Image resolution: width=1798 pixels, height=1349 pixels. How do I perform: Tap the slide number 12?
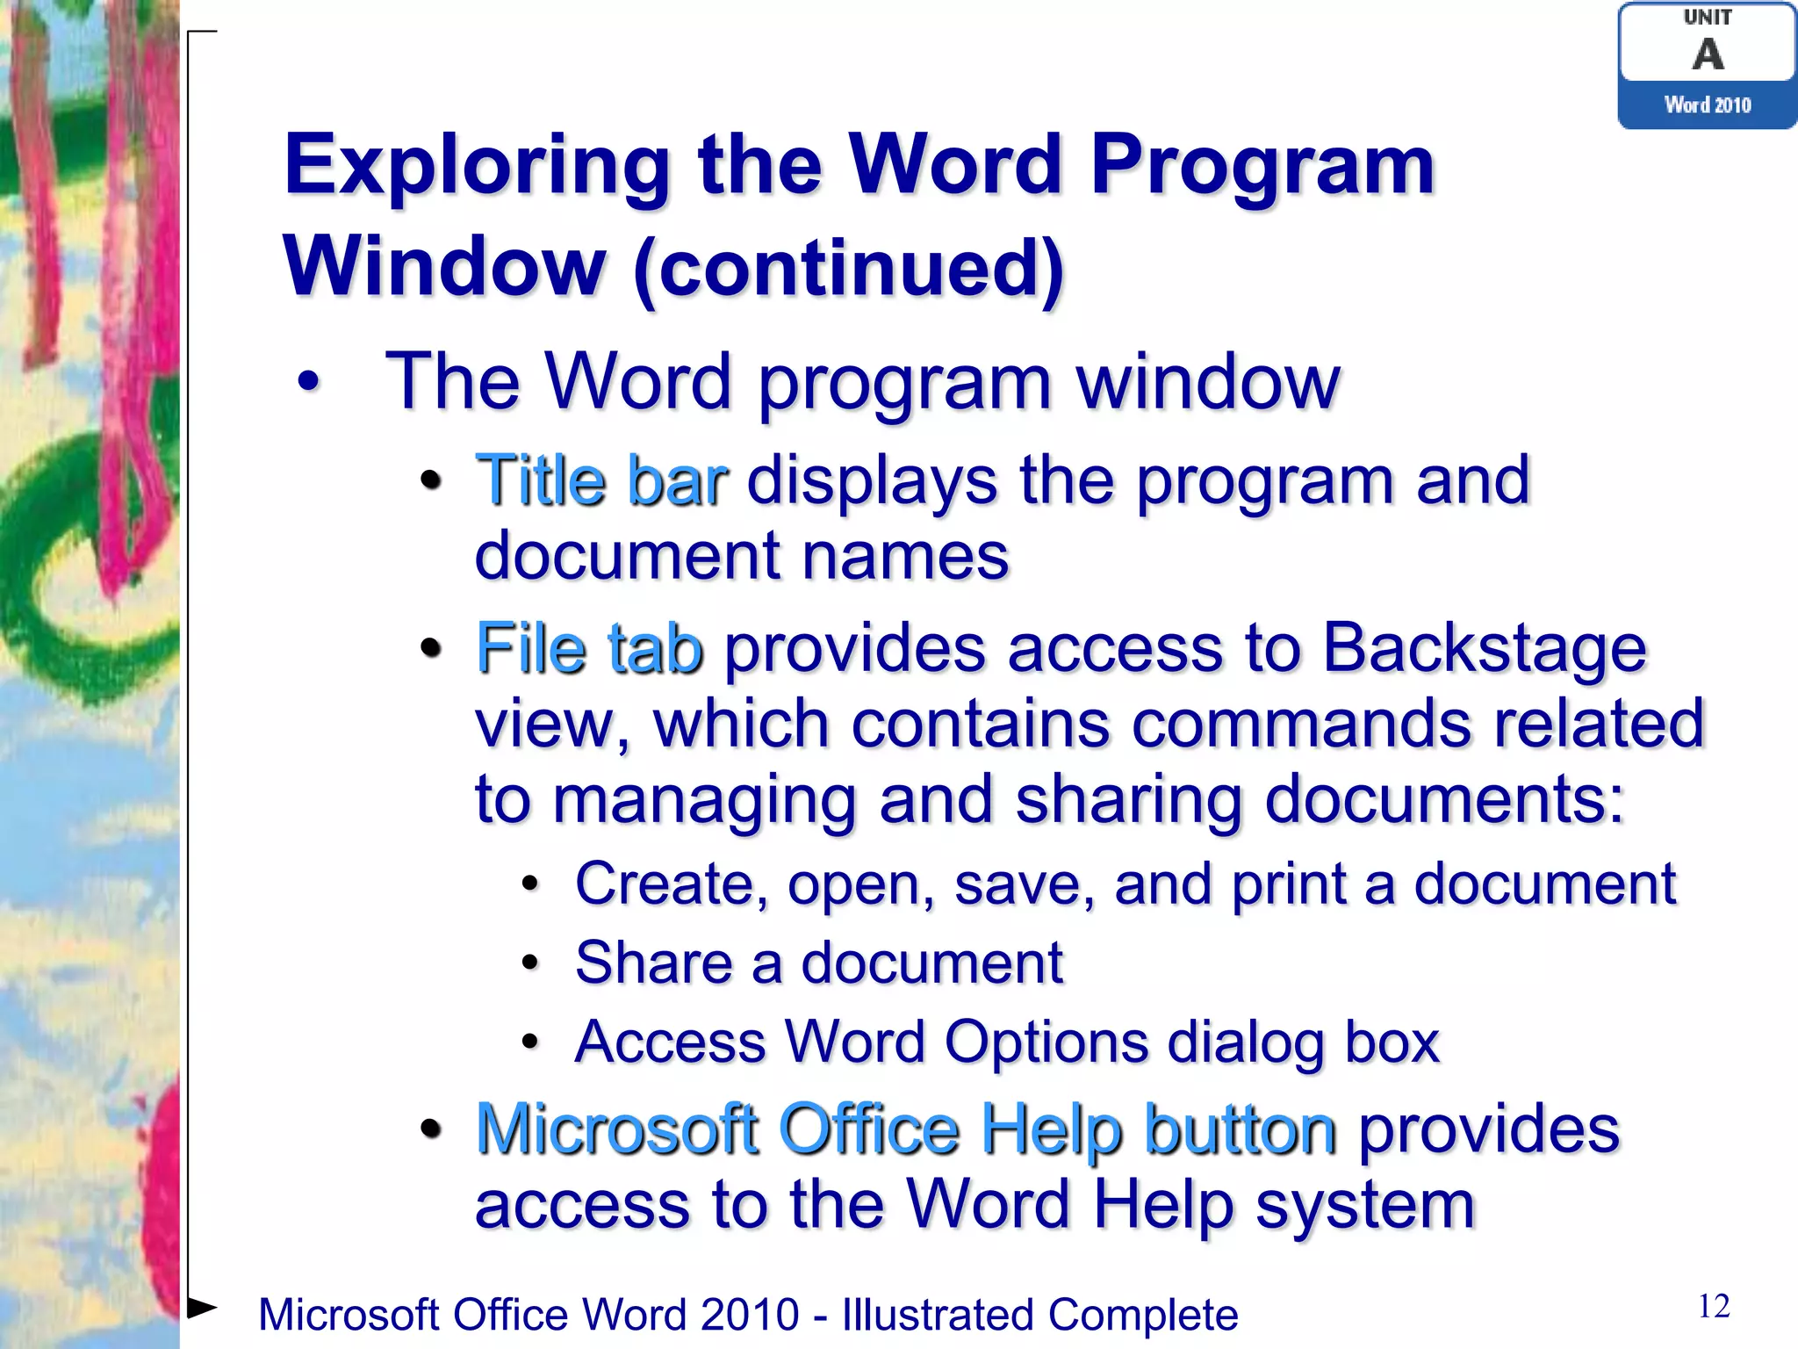(x=1714, y=1307)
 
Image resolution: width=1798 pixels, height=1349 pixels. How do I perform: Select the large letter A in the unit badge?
(x=1708, y=54)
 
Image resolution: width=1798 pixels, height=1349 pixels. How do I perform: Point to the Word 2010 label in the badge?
(x=1708, y=105)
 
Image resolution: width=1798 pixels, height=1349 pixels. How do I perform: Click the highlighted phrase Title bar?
(x=601, y=481)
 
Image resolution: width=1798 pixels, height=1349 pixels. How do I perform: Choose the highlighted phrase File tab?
(x=589, y=649)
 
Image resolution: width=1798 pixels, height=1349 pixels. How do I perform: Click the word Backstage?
(x=1484, y=649)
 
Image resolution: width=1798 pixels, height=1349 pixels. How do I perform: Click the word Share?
(x=653, y=963)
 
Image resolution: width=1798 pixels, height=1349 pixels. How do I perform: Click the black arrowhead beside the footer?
(x=202, y=1307)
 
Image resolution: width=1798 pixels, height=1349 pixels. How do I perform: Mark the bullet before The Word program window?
(x=308, y=382)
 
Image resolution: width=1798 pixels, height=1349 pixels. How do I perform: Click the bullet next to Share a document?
(x=529, y=963)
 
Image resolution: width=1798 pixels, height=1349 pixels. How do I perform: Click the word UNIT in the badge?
(x=1708, y=18)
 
